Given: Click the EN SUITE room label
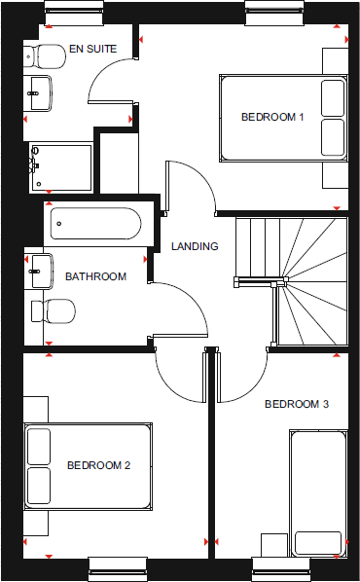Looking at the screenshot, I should coord(92,48).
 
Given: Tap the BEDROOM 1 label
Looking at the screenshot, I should coord(272,118).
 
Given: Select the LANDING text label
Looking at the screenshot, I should coord(195,246).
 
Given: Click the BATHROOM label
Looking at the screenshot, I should coord(95,276).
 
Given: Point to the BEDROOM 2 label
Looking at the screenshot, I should coord(98,465).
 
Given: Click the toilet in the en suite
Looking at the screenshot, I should coord(44,55).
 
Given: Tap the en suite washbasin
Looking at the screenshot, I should coord(42,94).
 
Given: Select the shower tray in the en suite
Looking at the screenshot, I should coord(60,168).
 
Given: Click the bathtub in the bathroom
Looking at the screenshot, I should coord(97,225).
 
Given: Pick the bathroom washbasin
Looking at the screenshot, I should coord(40,270).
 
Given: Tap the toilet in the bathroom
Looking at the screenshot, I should coord(54,310).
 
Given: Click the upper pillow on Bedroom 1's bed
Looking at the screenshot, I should coord(332,96).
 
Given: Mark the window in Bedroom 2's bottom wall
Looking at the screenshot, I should coord(117,564).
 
